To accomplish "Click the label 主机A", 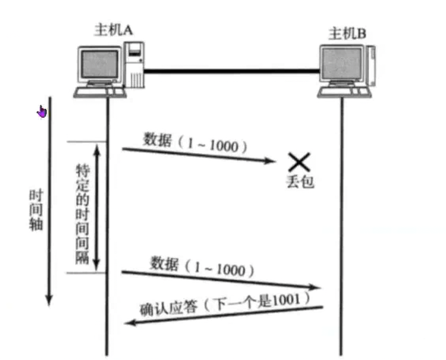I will [112, 30].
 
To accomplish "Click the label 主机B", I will [347, 34].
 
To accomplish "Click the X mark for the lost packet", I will [299, 160].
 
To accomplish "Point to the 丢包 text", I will [299, 181].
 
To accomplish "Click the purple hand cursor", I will [42, 111].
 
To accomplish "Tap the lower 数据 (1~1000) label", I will [201, 265].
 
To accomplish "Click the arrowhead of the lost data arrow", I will [272, 161].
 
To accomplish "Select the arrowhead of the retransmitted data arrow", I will [318, 288].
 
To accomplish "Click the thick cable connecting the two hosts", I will [231, 72].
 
